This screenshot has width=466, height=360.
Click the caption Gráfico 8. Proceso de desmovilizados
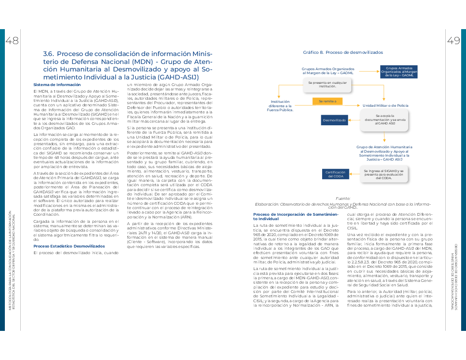[x=342, y=52]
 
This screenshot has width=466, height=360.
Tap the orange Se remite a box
[x=327, y=101]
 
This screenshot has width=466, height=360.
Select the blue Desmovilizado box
[x=334, y=120]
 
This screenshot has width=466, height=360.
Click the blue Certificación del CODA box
[x=335, y=174]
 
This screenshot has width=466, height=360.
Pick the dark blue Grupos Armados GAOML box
[x=399, y=72]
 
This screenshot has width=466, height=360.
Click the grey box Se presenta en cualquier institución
[x=327, y=84]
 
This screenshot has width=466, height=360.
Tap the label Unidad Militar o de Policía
[x=385, y=106]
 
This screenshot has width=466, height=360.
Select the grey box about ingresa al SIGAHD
[x=383, y=174]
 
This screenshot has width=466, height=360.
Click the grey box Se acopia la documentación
[x=384, y=120]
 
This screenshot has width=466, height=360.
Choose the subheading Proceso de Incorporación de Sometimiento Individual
[x=295, y=216]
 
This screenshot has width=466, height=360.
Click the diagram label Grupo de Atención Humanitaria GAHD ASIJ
[x=384, y=153]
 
